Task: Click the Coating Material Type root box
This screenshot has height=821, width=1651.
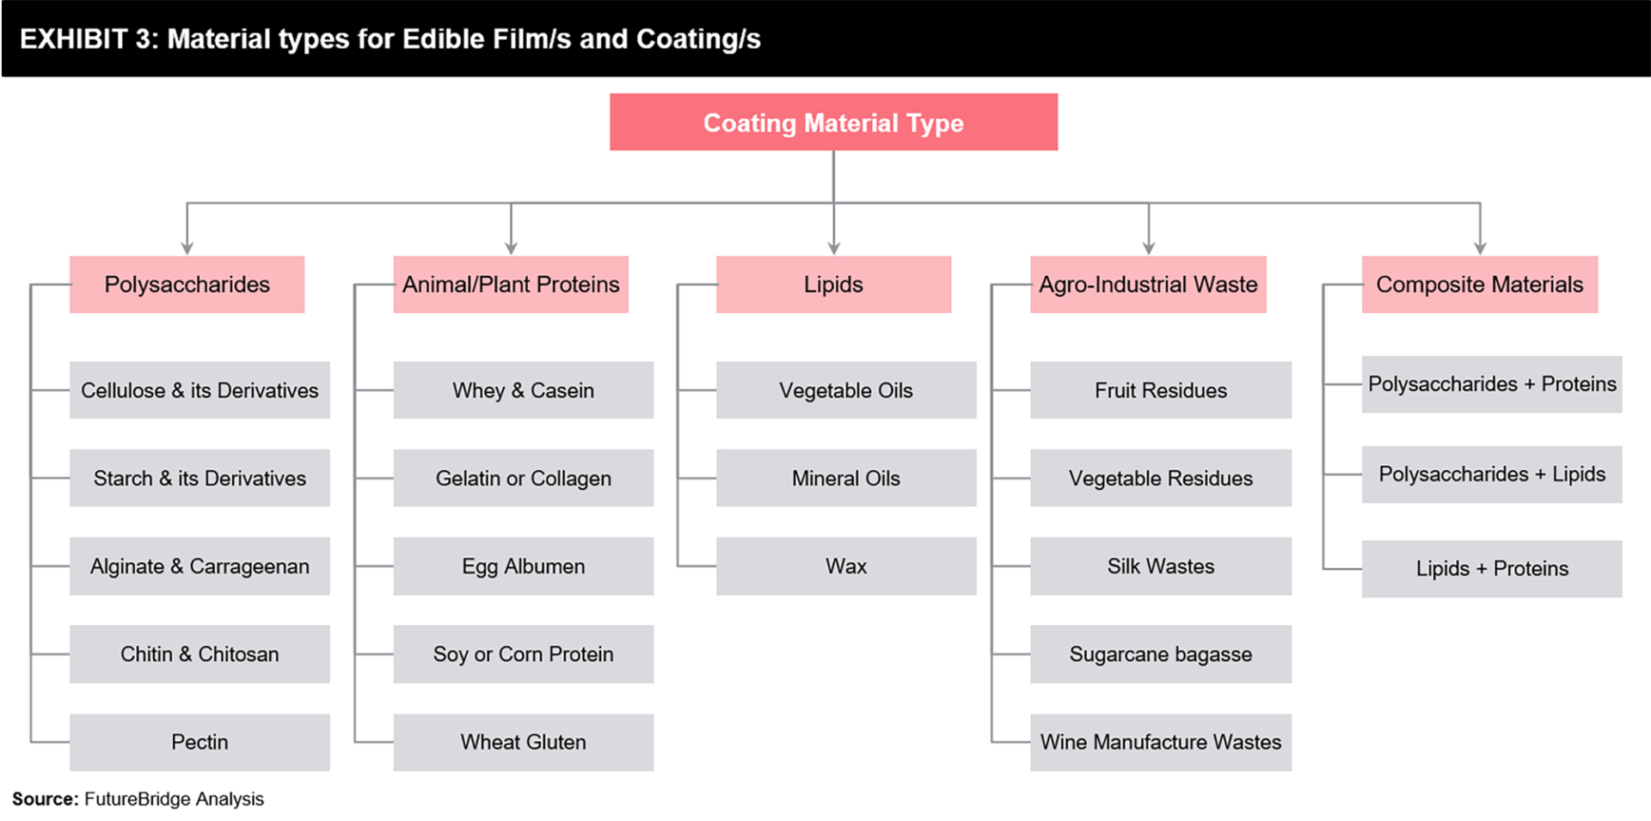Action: click(833, 122)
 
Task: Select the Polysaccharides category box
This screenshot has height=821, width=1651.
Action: click(187, 284)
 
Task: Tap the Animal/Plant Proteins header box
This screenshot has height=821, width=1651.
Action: click(511, 284)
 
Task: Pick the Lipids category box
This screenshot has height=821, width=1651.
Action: click(833, 284)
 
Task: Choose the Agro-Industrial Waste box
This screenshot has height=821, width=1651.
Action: click(1148, 284)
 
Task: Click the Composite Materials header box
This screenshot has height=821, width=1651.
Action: click(1480, 284)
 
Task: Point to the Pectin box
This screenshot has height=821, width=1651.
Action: click(199, 742)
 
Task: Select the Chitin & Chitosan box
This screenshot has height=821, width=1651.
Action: click(199, 654)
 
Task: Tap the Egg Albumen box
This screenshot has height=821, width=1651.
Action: click(524, 566)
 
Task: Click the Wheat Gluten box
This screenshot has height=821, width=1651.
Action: click(524, 742)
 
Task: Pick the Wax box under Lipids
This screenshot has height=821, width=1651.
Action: click(846, 566)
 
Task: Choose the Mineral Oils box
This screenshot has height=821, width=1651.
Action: click(846, 478)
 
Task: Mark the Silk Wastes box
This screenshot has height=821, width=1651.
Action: click(1161, 566)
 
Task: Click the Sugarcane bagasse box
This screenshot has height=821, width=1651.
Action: click(1161, 654)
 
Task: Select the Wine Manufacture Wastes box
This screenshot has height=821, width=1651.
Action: click(1161, 742)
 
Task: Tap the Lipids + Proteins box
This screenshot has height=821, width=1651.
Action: click(1492, 568)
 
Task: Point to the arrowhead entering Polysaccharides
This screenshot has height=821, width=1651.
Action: click(187, 248)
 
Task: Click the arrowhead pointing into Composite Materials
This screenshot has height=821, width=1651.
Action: click(1480, 248)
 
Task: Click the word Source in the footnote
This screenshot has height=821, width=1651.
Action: click(45, 799)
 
